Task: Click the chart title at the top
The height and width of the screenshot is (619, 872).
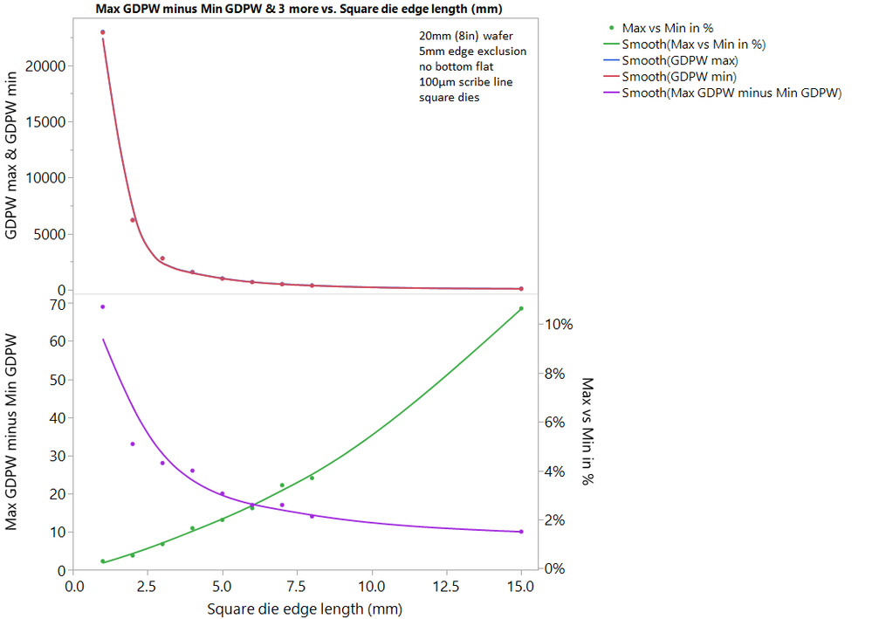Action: tap(302, 9)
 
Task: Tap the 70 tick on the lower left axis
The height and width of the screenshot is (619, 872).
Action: tap(59, 304)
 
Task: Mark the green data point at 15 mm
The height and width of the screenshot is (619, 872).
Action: tap(521, 308)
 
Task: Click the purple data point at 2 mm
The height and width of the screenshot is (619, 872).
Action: tap(133, 444)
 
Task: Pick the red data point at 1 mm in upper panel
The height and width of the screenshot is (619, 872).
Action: tap(103, 32)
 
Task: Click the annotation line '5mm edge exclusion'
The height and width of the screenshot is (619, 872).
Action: tap(472, 52)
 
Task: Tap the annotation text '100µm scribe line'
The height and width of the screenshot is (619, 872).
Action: tap(468, 82)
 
